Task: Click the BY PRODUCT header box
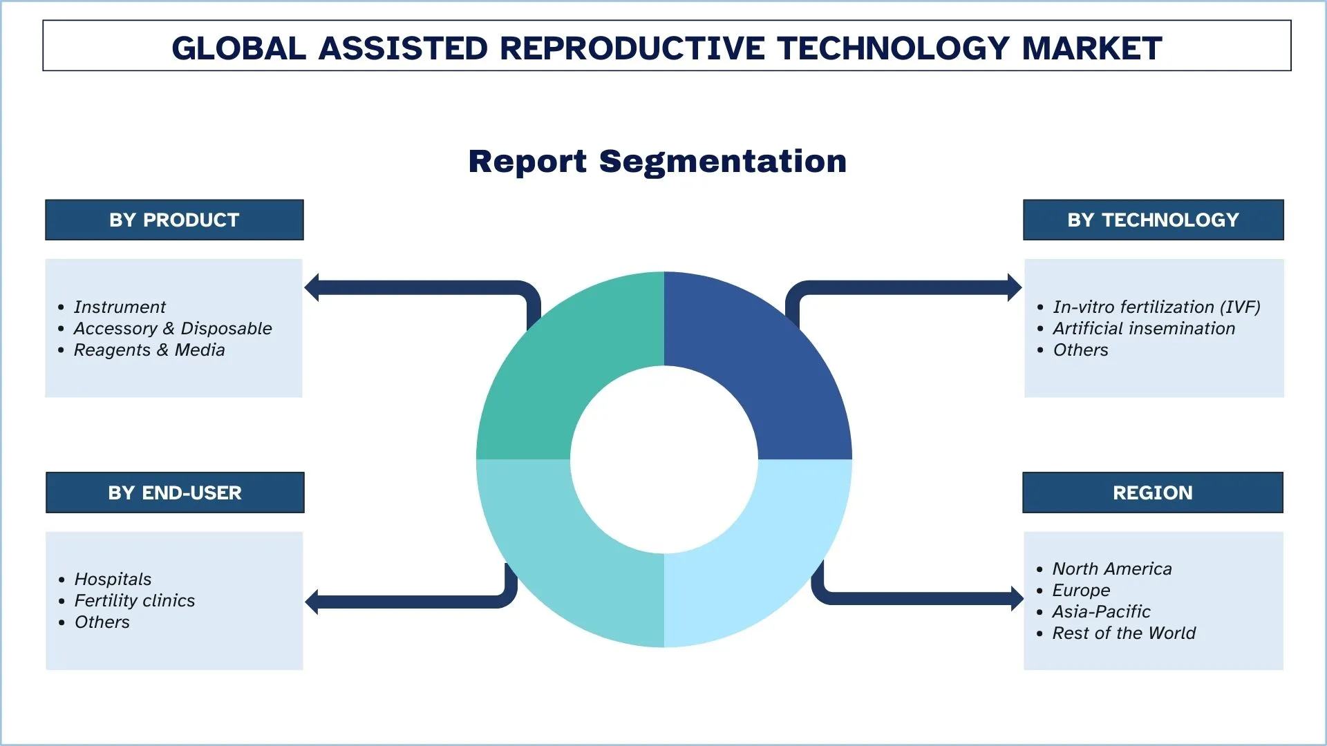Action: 174,220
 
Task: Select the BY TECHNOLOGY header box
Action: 1153,220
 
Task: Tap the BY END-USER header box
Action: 175,492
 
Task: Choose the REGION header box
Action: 1152,492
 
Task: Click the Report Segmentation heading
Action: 657,162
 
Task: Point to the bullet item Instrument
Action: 120,307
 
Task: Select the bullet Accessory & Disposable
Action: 172,328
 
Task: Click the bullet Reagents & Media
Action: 149,350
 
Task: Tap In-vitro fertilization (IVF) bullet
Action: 1156,307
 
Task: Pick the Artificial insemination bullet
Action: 1143,328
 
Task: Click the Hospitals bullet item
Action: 113,579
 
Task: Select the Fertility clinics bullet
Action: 134,600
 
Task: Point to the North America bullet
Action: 1111,568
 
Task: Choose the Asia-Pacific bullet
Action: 1100,611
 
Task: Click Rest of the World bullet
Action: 1123,633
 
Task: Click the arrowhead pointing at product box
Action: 312,287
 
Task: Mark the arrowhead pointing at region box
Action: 1016,598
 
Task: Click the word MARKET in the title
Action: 1091,48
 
